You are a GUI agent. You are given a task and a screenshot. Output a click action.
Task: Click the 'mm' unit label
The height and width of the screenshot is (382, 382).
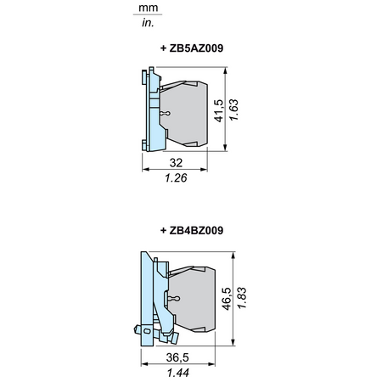148,8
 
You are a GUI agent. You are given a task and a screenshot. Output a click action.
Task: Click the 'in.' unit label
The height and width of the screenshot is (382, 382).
148,23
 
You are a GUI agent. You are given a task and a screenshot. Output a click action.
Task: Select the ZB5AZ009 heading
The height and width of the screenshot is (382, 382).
192,48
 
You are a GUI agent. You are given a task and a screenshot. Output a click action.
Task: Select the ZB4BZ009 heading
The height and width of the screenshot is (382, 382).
192,230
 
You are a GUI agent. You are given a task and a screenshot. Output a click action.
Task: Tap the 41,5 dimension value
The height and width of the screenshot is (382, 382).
219,110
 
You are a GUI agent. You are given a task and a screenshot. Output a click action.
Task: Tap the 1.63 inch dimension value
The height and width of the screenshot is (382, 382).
233,110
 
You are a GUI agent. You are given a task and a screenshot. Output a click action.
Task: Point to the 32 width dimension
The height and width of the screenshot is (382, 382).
176,163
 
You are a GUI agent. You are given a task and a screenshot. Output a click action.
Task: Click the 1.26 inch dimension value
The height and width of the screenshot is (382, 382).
176,177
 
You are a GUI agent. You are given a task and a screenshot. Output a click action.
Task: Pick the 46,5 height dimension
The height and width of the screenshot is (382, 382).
227,299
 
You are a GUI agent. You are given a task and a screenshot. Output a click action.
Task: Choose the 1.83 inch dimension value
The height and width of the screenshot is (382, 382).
242,298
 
